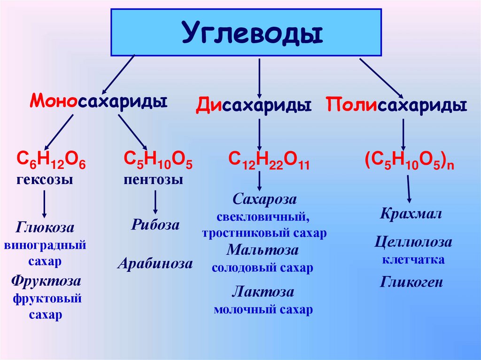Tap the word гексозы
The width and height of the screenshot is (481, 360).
pyautogui.click(x=46, y=179)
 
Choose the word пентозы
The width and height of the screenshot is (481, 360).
pyautogui.click(x=154, y=179)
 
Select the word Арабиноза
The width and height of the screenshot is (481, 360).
pyautogui.click(x=155, y=263)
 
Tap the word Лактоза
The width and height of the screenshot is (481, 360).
pyautogui.click(x=263, y=292)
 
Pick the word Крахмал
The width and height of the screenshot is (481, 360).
pyautogui.click(x=411, y=214)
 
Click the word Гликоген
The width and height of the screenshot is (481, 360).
pyautogui.click(x=411, y=282)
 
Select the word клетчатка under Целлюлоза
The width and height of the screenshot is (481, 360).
pyautogui.click(x=413, y=259)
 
